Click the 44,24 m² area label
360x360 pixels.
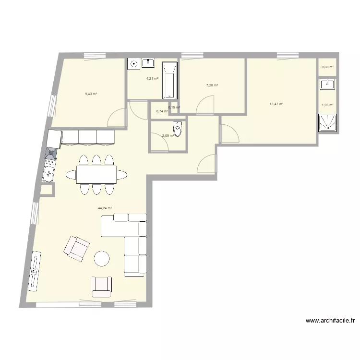(x=105, y=208)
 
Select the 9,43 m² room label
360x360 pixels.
(x=91, y=94)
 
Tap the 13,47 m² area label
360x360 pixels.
(x=276, y=104)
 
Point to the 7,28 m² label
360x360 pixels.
(x=212, y=85)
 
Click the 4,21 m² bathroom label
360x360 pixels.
(x=152, y=78)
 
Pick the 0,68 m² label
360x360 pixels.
(x=327, y=67)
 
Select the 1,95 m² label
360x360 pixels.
(x=327, y=105)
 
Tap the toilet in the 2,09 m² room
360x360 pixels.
(x=178, y=129)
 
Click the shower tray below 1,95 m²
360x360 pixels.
(x=328, y=122)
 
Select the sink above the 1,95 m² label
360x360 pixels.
(x=328, y=85)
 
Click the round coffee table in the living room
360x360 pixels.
(x=102, y=259)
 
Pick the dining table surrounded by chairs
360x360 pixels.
(x=96, y=174)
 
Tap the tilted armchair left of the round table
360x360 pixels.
(x=77, y=248)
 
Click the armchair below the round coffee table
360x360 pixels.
(x=101, y=286)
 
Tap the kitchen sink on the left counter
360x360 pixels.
(x=48, y=171)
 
